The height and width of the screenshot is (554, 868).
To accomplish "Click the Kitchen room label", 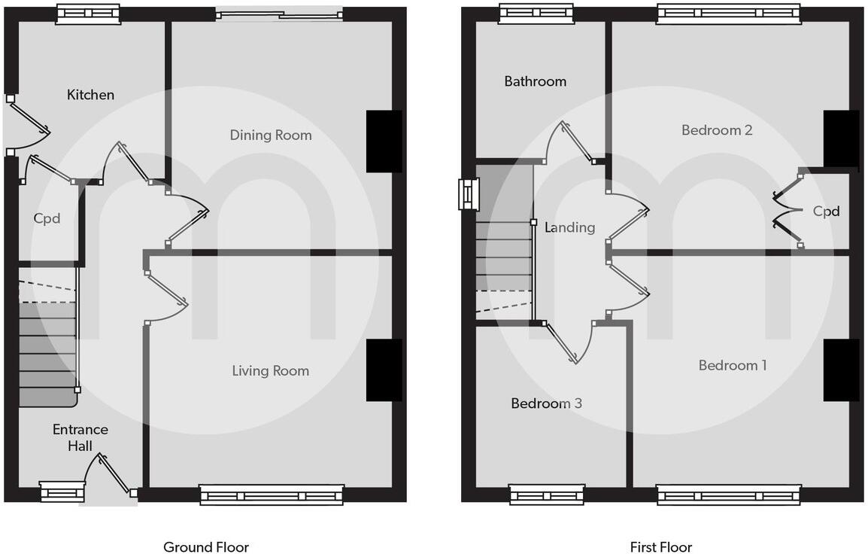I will point(90,95).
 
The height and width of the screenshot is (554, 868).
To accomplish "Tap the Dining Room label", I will point(271,135).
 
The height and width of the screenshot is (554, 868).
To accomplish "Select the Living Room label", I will point(270,370).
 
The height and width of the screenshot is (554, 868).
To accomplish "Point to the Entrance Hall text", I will point(80,437).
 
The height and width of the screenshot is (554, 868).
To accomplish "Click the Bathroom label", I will point(535,81).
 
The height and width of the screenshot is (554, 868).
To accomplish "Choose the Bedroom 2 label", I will point(717,130).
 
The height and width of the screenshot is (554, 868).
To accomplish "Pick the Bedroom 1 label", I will point(733,365).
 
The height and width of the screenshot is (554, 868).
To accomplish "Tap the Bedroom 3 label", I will point(546,403).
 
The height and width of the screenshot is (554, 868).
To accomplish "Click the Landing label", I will point(570,227).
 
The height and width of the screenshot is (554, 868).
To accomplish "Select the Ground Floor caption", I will point(206,547).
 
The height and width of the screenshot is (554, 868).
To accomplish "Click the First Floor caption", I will point(661,547).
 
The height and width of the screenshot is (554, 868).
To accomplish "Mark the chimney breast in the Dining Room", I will point(384,142).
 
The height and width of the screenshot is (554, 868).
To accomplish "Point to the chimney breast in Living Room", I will point(384,370).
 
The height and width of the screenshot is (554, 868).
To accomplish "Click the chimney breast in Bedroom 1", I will point(841,370).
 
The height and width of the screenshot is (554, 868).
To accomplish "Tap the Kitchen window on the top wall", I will point(89,14).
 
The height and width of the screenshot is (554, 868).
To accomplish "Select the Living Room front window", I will point(272,495).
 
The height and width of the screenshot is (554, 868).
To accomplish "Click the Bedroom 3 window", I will point(547,495).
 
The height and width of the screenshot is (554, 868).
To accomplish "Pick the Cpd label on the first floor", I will point(826,212).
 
